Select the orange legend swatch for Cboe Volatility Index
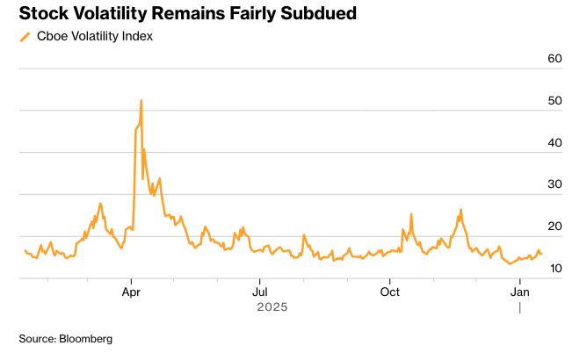(25, 36)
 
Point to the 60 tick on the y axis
(554, 59)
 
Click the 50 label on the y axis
(554, 101)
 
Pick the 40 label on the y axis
(554, 142)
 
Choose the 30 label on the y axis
(554, 184)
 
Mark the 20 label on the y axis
(554, 226)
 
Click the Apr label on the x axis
(132, 291)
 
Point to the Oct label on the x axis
(390, 291)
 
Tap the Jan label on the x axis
(520, 291)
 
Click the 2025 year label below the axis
(272, 307)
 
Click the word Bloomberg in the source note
(85, 338)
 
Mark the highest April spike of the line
(141, 100)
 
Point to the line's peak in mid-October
(411, 214)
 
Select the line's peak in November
(460, 210)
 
